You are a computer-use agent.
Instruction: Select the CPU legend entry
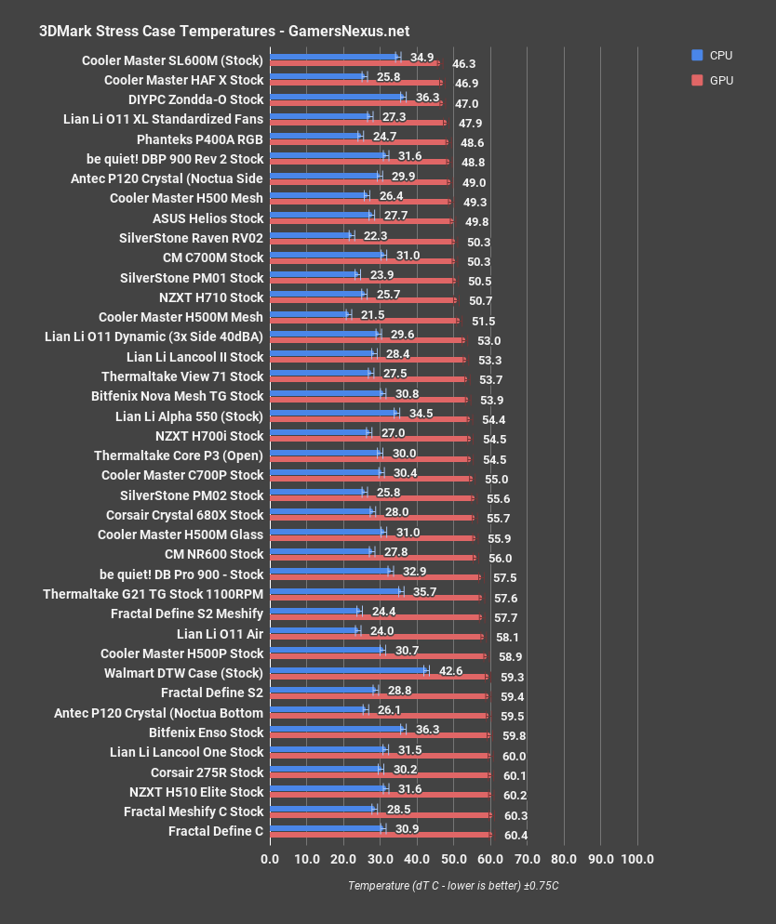point(712,55)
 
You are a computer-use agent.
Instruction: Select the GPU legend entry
point(712,80)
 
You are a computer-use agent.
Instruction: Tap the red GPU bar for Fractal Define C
point(380,835)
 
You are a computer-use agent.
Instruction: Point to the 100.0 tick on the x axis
point(637,858)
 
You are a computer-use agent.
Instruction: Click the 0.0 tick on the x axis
point(269,858)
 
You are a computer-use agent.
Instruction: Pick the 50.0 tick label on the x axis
point(453,858)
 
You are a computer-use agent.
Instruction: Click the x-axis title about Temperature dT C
point(453,886)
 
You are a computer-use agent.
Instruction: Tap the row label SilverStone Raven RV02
point(192,238)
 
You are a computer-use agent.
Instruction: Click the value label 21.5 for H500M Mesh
point(373,317)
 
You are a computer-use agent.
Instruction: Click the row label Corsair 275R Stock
point(207,772)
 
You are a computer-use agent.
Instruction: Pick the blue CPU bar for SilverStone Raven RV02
point(310,234)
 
